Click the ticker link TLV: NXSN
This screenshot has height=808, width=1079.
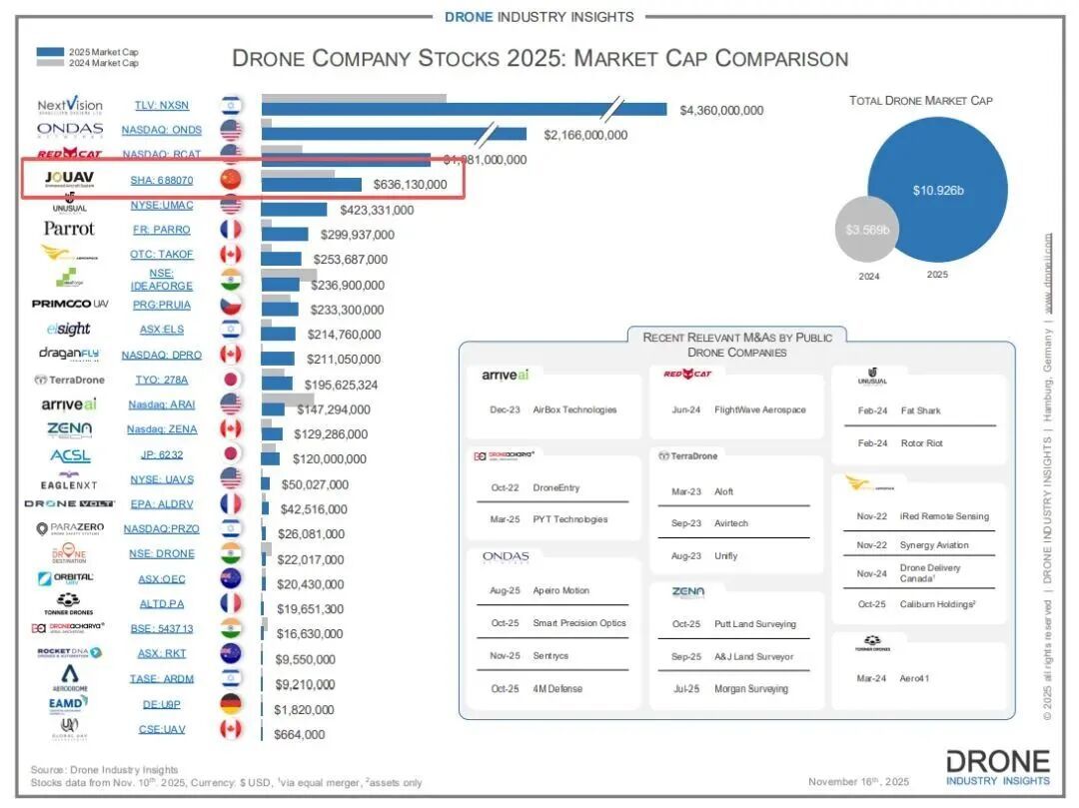(162, 105)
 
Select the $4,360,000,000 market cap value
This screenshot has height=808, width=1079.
(721, 111)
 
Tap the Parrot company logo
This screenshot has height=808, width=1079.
(69, 229)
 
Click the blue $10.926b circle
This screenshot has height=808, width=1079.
(937, 190)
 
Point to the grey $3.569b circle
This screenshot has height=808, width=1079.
(867, 230)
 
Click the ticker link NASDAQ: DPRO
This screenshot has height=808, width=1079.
(162, 355)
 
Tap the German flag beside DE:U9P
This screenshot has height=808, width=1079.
(231, 704)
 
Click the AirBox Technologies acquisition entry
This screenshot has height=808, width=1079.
(574, 409)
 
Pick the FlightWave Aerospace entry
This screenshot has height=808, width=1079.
(753, 409)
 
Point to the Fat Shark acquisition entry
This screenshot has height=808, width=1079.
(920, 410)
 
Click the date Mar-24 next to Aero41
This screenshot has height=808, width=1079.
(872, 679)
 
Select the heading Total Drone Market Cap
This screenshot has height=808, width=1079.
(920, 100)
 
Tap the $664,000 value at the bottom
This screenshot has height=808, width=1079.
(300, 734)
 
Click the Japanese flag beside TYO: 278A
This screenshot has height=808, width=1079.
(231, 380)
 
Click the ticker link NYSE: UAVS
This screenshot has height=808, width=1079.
(162, 479)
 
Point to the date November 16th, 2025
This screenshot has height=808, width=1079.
(857, 781)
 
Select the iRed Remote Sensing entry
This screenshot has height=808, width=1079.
(944, 516)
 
